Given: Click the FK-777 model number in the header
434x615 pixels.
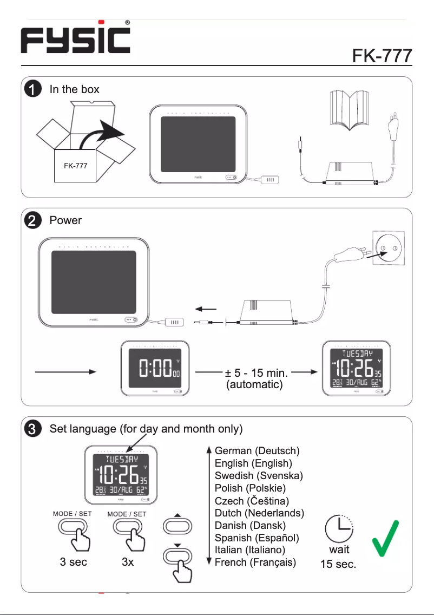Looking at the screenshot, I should click(382, 56).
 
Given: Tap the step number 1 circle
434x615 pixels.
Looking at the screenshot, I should click(33, 89).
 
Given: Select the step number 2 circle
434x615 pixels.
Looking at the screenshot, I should click(33, 221).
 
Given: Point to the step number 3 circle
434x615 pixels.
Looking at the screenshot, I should click(33, 429).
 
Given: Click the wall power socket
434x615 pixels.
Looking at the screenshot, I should click(387, 248).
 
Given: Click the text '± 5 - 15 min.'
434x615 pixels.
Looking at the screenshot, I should click(256, 372).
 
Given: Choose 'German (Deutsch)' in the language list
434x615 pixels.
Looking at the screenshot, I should click(257, 450).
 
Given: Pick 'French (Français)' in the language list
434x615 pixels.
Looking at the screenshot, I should click(255, 562).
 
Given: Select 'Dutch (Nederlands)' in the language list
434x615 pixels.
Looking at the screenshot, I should click(259, 513).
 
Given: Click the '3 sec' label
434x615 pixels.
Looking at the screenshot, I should click(74, 562).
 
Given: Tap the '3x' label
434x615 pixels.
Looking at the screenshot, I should click(128, 562).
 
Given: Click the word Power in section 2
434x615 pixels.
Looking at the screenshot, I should click(65, 221).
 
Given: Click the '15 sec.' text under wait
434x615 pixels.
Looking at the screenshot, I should click(339, 565).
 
